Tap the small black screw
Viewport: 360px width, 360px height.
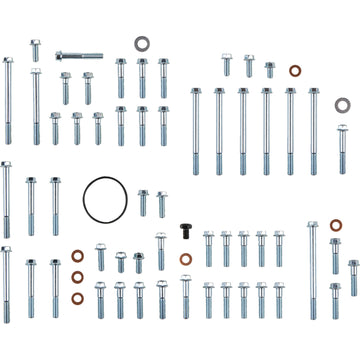click(186, 229)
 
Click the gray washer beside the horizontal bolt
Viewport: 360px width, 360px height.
click(143, 45)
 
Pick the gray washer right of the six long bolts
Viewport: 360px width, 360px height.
click(342, 104)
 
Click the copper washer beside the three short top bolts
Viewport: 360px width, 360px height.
click(295, 71)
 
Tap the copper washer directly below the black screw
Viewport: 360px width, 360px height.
click(186, 259)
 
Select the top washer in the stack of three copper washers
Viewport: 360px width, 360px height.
click(78, 257)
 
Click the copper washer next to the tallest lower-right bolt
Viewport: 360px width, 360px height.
click(335, 226)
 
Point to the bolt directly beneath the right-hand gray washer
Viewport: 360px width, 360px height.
click(342, 140)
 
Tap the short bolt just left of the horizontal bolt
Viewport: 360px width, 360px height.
click(35, 50)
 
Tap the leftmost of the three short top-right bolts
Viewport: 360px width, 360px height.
click(226, 65)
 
